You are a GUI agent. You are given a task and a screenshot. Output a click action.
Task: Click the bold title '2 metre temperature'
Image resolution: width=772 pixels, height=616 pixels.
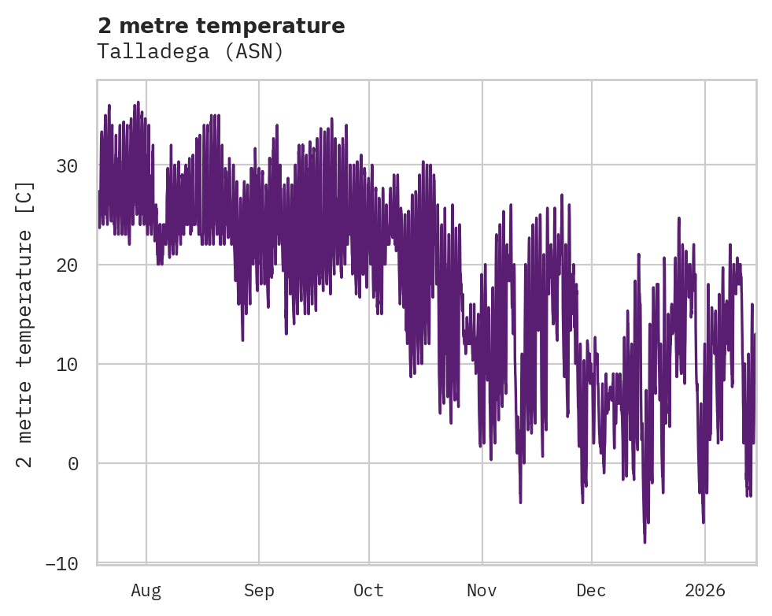(221, 26)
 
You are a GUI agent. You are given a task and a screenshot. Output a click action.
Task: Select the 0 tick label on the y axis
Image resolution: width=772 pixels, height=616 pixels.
(73, 464)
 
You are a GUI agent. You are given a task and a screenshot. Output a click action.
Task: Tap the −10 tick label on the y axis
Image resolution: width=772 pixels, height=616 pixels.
(61, 563)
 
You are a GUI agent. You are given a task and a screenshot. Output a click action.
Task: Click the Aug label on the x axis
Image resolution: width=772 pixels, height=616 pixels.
(146, 591)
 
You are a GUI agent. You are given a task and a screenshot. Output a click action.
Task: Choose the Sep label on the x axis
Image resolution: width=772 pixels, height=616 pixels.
(258, 591)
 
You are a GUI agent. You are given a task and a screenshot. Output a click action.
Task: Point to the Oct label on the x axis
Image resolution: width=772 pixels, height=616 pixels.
(368, 591)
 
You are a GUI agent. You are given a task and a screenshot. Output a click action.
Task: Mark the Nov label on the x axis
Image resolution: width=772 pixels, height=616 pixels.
(482, 591)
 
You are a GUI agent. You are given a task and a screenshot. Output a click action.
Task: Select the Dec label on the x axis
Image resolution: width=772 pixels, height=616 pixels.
(591, 591)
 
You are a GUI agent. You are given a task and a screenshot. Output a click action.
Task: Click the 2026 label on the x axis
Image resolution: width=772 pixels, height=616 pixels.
(705, 591)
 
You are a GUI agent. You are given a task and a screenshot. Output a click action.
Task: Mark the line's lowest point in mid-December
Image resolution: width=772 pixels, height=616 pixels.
(645, 542)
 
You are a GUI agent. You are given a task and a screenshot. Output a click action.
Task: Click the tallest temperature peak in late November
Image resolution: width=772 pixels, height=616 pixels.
(561, 195)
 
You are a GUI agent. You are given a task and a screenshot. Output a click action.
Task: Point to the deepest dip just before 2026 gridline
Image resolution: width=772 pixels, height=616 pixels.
(703, 521)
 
